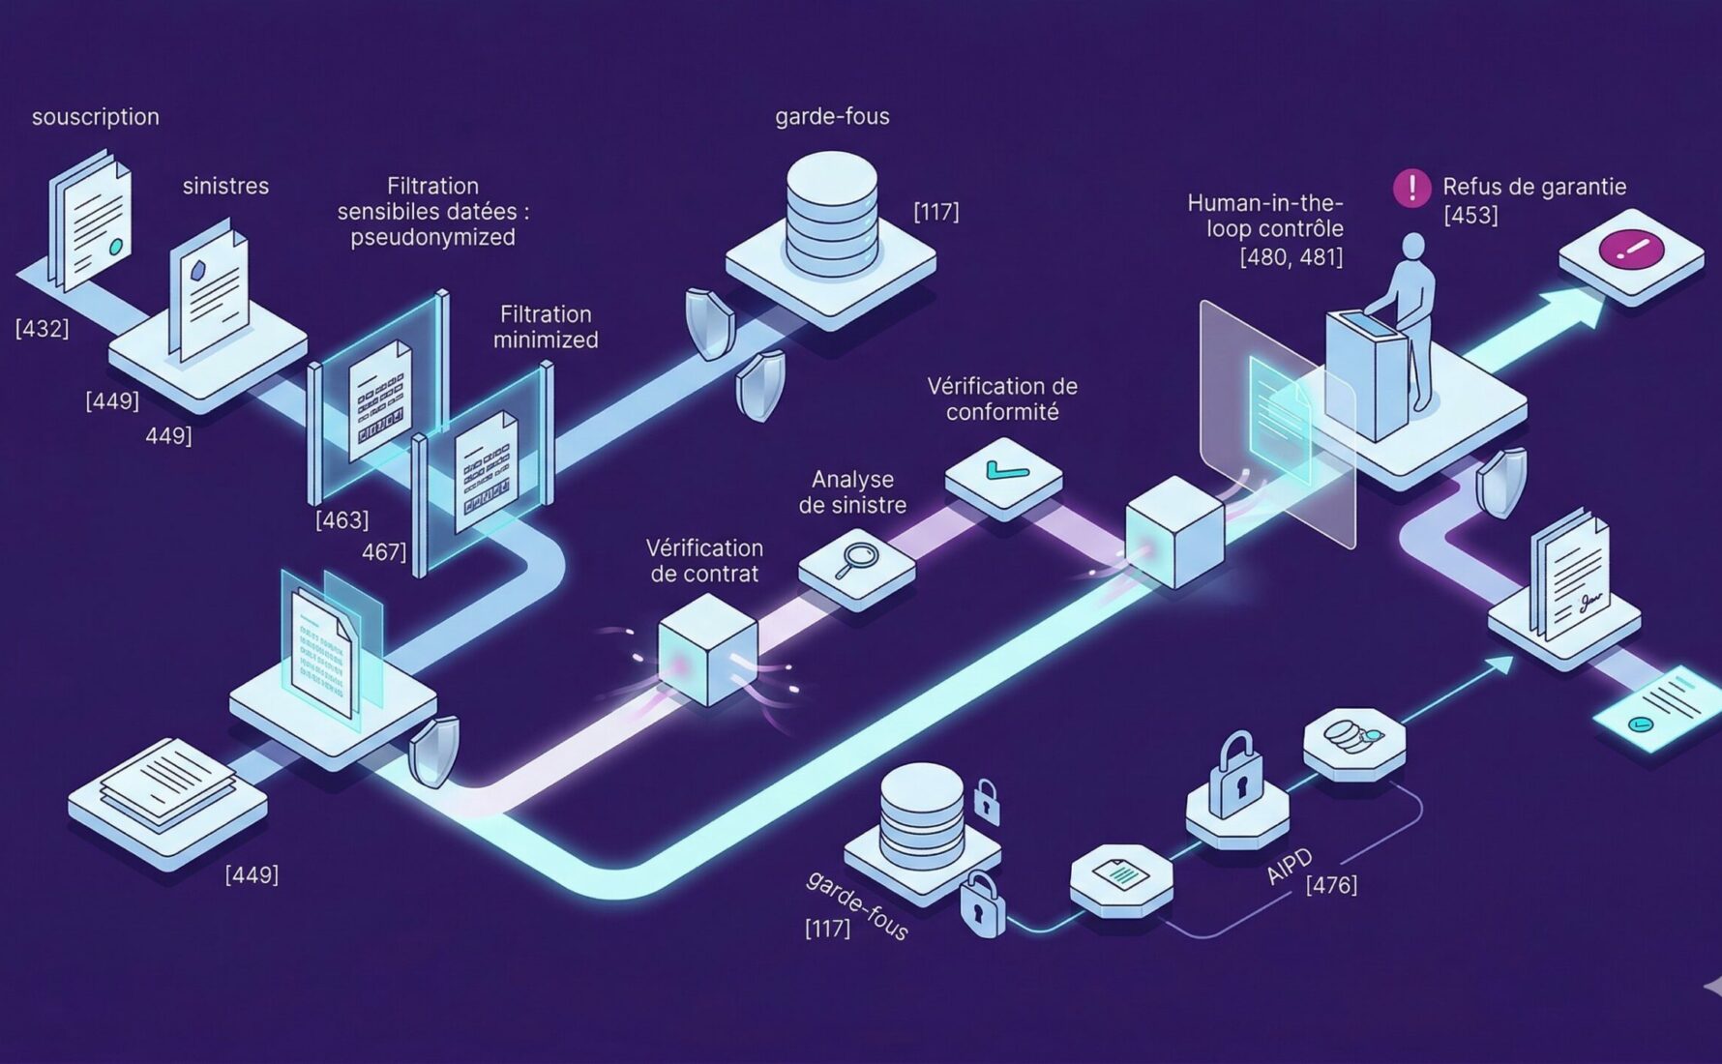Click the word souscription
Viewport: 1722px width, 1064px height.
(95, 117)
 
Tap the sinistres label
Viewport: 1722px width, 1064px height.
(225, 186)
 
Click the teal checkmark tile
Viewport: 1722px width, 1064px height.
(1004, 472)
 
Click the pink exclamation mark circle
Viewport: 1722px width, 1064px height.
(1411, 188)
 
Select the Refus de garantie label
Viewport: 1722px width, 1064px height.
(1533, 187)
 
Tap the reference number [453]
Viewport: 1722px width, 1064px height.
(1470, 215)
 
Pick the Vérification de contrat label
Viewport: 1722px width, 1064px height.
(704, 561)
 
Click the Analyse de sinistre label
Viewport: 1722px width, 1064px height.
(852, 491)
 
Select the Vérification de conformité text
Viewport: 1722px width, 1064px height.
(1002, 399)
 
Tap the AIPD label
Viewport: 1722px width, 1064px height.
(1290, 867)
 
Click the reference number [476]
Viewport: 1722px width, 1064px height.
(1331, 884)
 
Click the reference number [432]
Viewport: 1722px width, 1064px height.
(42, 328)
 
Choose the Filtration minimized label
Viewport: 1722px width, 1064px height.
(546, 327)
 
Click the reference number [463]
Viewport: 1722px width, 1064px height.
(341, 519)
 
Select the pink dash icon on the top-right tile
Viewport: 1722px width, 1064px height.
(1630, 249)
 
